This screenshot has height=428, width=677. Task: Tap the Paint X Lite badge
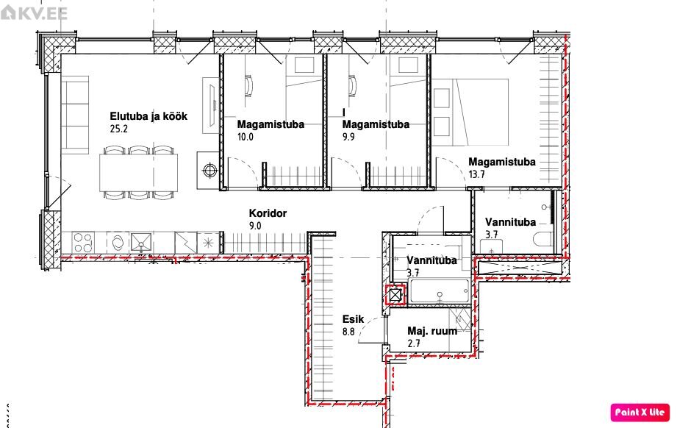click(640, 412)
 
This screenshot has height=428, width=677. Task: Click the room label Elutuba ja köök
click(148, 116)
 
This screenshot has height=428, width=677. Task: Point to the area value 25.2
click(119, 129)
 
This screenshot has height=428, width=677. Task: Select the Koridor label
click(268, 213)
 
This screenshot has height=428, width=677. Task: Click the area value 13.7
click(476, 174)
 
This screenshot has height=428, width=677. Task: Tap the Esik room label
click(353, 319)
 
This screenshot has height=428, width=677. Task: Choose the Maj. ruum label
click(432, 331)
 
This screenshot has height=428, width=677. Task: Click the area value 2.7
click(414, 343)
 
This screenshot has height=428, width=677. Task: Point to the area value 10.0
click(246, 138)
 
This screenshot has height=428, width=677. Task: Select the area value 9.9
click(348, 138)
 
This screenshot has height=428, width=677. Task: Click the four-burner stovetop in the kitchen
click(83, 243)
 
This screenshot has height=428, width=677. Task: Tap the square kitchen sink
click(141, 243)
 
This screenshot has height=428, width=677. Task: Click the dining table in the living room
click(139, 172)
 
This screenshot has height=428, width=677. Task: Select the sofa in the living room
click(75, 115)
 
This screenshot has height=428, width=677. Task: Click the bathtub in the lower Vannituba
click(439, 291)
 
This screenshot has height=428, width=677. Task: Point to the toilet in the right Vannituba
click(544, 239)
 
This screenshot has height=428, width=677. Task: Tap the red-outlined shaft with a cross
click(395, 296)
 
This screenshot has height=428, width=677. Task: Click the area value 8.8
click(348, 332)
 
